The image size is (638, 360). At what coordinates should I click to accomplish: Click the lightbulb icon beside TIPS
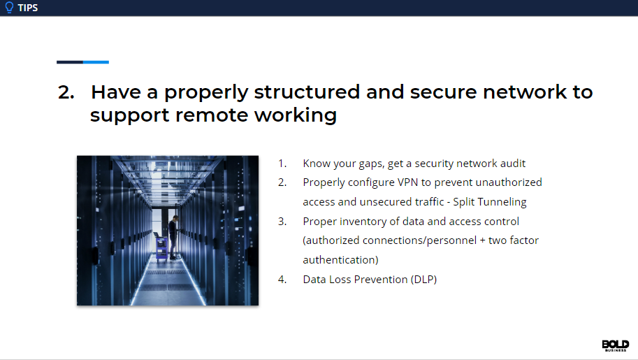point(9,8)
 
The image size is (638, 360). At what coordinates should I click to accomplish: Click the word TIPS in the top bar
point(28,8)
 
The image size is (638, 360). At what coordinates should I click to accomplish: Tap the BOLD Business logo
point(615,345)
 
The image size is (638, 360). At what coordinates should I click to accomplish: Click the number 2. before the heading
point(66,92)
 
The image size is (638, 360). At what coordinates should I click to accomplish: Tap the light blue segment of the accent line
point(96,62)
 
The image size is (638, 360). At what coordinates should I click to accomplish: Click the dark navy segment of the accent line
point(70,62)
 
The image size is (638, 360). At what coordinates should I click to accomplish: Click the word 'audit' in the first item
point(512,164)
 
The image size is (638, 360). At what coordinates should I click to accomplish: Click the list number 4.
point(282,280)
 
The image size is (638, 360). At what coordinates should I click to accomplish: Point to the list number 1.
point(282,164)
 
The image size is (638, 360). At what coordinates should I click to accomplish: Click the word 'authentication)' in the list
point(340,260)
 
